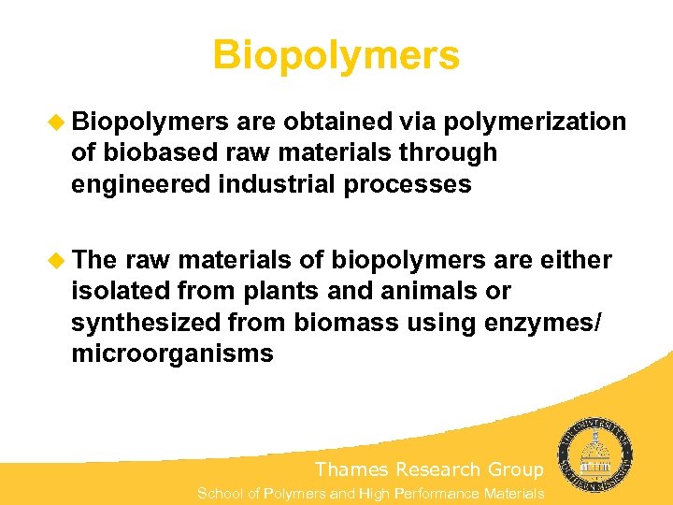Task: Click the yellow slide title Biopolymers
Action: click(336, 55)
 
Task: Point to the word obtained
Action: click(339, 123)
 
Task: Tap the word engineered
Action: click(140, 185)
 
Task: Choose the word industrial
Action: click(277, 184)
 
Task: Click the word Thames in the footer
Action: click(351, 469)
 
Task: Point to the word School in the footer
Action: click(220, 493)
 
